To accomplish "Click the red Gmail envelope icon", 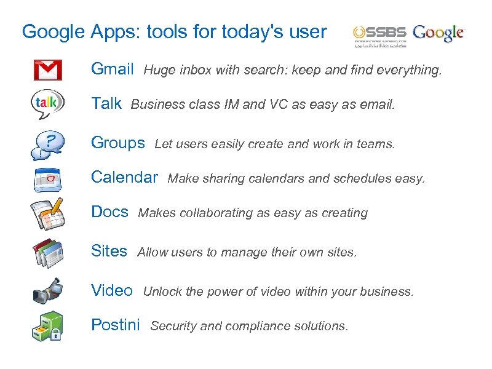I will [47, 69].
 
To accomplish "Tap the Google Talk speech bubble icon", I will [47, 104].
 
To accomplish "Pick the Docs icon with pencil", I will [47, 213].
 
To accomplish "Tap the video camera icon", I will [47, 290].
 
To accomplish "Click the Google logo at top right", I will [439, 33].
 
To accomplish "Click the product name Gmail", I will [113, 69].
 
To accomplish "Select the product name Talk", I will [106, 103].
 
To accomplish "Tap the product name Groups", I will [118, 143].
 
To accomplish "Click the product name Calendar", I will [124, 177].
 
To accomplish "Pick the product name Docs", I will [109, 212].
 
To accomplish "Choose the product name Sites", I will [109, 251].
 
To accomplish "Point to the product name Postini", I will [116, 325].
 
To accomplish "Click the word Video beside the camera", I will [112, 290].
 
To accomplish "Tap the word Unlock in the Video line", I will [162, 292].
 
